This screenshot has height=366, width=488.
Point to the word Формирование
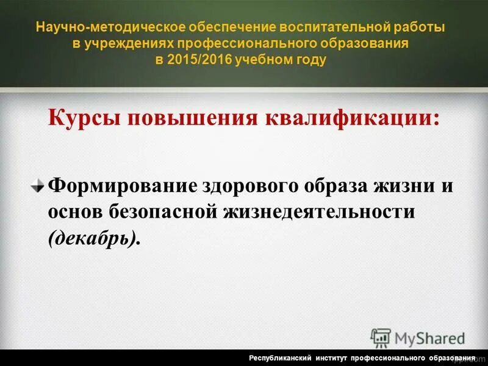click(x=122, y=185)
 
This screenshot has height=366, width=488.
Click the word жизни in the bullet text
click(x=400, y=185)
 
